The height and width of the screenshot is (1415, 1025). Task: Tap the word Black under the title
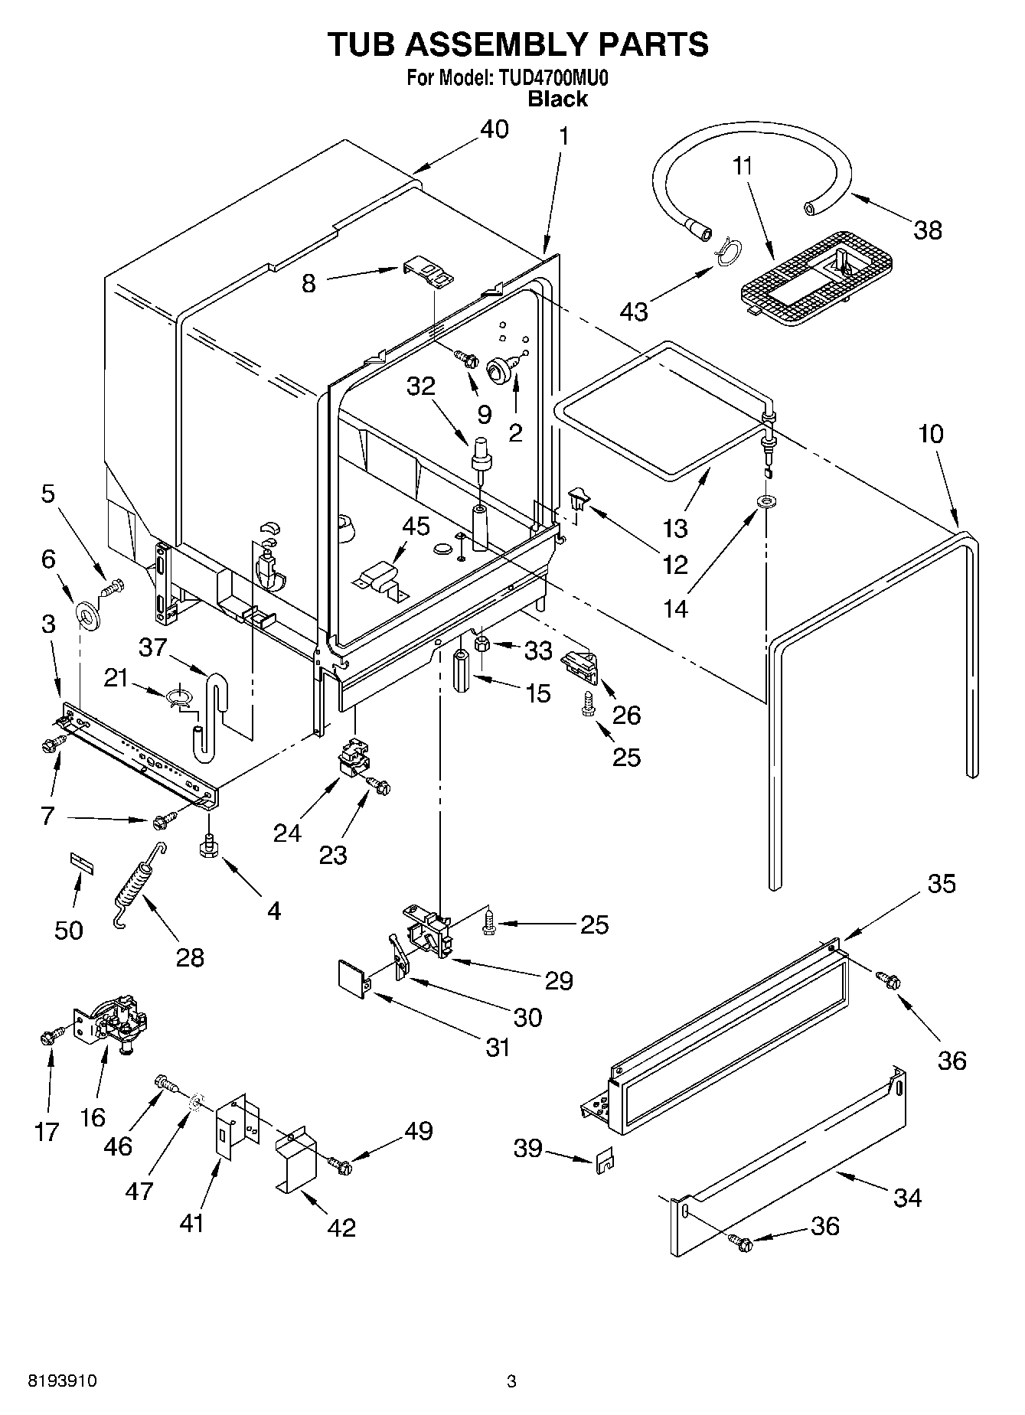558,99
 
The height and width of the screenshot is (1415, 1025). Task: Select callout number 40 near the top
494,129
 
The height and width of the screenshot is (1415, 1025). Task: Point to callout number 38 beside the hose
928,230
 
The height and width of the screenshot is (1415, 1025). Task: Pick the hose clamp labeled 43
730,250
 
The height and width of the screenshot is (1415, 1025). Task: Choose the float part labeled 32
482,455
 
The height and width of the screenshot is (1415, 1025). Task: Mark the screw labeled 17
47,1037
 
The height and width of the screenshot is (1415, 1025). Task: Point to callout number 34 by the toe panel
907,1197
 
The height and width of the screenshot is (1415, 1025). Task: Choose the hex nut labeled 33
483,644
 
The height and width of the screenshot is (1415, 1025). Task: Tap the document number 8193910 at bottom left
63,1381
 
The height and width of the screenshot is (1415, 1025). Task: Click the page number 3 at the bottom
511,1381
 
